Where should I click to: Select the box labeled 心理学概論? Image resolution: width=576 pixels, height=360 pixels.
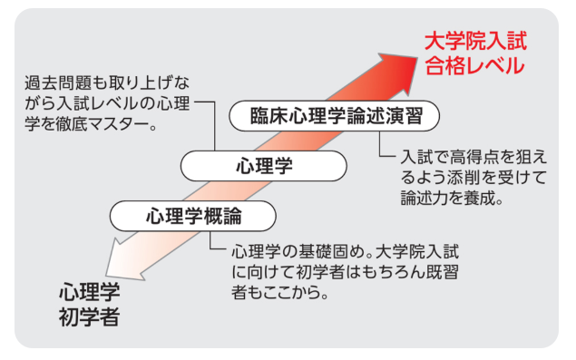[193, 217]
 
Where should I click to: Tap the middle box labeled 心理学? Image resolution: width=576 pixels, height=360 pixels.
[264, 166]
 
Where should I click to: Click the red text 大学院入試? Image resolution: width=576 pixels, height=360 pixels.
[476, 42]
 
